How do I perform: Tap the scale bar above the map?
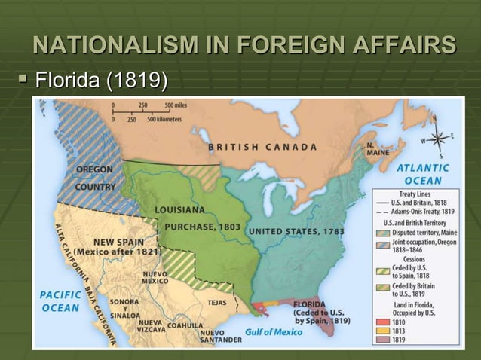[150, 111]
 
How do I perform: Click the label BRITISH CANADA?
[262, 147]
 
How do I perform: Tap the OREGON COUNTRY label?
[95, 178]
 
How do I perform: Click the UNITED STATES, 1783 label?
[296, 230]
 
